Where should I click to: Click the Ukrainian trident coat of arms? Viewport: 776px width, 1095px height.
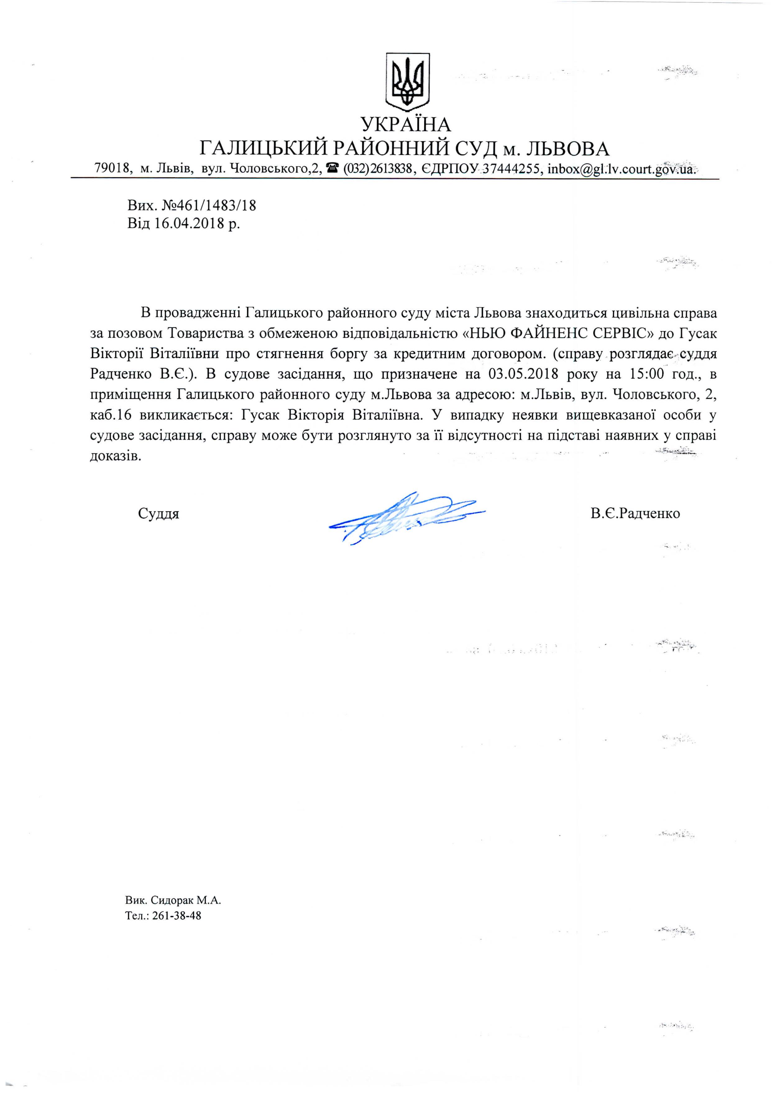[x=407, y=80]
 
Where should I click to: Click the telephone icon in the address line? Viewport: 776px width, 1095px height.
[x=333, y=168]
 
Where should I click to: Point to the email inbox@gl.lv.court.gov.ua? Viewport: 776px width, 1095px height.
[x=621, y=169]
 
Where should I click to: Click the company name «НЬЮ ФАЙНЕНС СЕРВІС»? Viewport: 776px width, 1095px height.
[x=559, y=333]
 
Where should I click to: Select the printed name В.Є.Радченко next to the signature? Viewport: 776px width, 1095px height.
[x=635, y=513]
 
